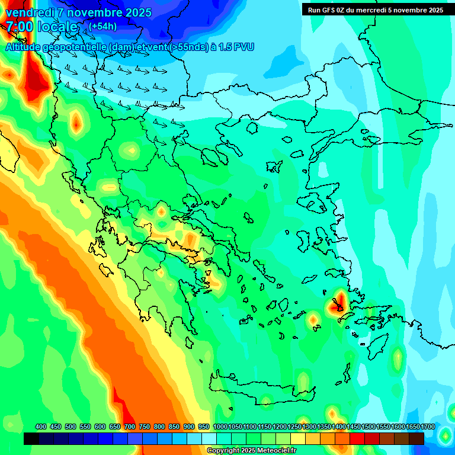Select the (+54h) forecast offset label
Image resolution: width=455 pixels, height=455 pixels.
tap(102, 27)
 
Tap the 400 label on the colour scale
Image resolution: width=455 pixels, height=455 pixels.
tap(41, 427)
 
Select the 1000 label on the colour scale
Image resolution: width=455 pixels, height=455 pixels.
tap(220, 427)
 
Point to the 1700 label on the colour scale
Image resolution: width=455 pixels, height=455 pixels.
tap(428, 427)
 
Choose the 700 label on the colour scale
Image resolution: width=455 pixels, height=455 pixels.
tap(130, 427)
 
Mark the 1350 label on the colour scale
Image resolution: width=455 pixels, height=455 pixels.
tap(324, 427)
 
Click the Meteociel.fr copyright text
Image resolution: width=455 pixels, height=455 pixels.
tap(251, 451)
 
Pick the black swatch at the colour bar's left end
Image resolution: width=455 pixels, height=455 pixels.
tap(31, 438)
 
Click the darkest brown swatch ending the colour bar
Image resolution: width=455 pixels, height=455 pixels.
tap(416, 438)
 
